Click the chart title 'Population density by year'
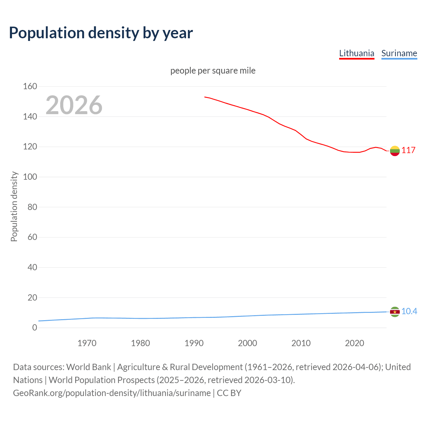point(101,33)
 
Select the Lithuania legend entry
point(356,53)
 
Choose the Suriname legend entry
point(399,53)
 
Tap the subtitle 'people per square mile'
point(213,71)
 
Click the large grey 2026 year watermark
point(74,105)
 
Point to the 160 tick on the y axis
point(30,87)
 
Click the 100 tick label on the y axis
point(30,177)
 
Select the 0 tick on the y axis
point(35,328)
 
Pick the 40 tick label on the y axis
point(32,267)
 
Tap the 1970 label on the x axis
point(87,343)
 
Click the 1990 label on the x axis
point(194,343)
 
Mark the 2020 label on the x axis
point(354,343)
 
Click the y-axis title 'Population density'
point(14,206)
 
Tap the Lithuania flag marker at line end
point(395,151)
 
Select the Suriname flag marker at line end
point(395,312)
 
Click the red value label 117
point(408,150)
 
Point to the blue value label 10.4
point(409,312)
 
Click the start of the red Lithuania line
point(205,97)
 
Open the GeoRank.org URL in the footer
point(112,393)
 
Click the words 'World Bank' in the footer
point(89,367)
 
